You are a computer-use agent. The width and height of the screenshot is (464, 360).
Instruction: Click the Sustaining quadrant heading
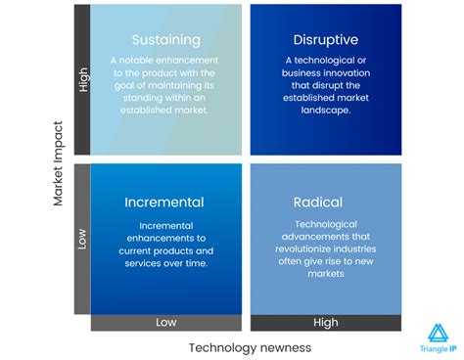pos(165,40)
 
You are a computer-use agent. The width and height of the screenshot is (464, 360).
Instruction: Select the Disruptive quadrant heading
pos(325,40)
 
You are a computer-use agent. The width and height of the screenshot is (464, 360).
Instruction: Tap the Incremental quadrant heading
pos(164,202)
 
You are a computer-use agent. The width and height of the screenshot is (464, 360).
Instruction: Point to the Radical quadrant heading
pos(318,202)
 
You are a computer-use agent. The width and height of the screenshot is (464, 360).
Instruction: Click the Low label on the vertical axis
pos(82,238)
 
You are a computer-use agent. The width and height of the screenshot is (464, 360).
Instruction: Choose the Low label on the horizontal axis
pos(166,323)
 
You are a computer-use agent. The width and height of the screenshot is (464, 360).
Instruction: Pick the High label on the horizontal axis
pos(325,323)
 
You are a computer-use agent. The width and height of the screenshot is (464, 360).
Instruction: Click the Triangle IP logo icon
pos(438,333)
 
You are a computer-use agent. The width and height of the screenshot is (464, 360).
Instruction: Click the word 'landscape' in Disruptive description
pos(324,111)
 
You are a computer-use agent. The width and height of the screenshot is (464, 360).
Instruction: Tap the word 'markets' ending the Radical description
pos(325,274)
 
